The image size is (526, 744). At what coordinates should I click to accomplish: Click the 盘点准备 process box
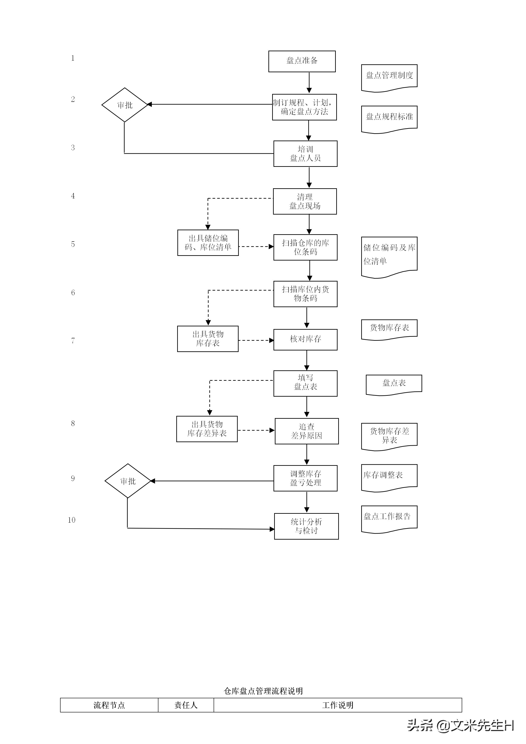(x=302, y=61)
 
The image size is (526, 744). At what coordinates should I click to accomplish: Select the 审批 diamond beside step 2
(x=125, y=105)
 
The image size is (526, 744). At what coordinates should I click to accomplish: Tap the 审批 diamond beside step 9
(x=128, y=481)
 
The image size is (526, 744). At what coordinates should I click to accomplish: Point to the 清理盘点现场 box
(x=305, y=201)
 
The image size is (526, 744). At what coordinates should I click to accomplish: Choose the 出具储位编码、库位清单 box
(x=208, y=243)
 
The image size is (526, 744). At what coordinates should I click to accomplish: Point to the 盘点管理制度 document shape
(x=389, y=76)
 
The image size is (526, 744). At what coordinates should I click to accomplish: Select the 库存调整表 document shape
(x=389, y=476)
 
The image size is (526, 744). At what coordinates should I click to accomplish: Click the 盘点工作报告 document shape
(x=389, y=518)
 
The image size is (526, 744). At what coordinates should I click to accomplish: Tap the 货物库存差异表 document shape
(x=389, y=436)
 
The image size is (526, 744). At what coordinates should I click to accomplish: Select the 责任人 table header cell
(x=186, y=705)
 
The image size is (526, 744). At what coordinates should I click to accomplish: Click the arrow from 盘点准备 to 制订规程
(x=309, y=83)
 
